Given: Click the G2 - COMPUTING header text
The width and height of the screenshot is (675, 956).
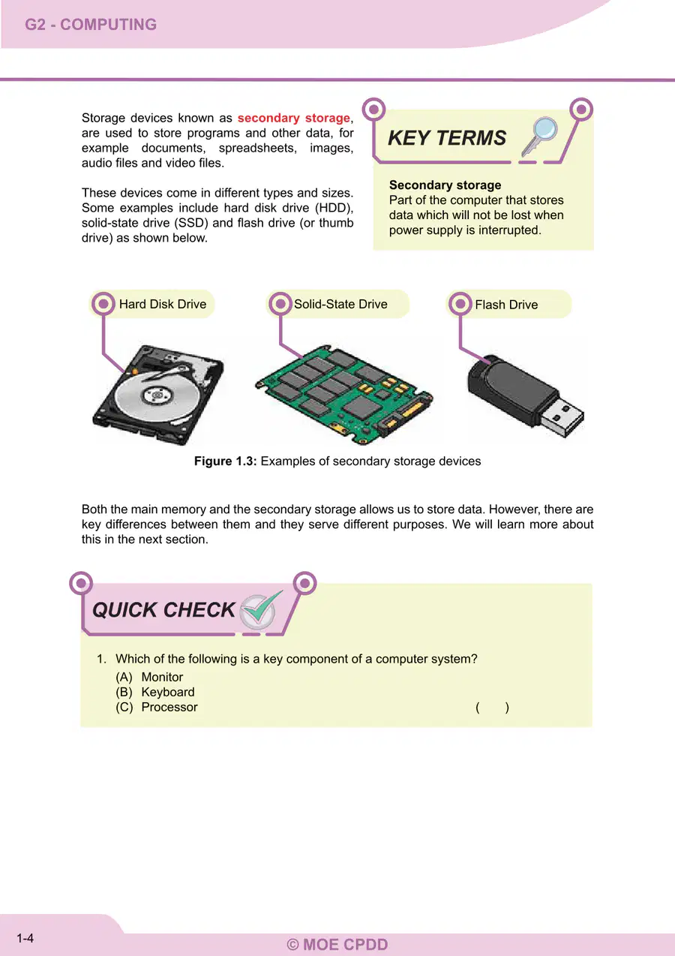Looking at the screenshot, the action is pos(91,24).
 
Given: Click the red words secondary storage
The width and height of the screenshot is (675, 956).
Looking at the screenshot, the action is pos(293,118).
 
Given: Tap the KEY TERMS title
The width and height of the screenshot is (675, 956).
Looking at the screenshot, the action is pos(447,138).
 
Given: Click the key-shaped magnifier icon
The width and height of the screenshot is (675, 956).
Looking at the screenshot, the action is pos(539,137).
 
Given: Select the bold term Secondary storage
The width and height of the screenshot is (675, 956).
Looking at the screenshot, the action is pos(445,185).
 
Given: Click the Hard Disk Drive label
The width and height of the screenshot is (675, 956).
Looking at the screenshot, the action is pos(163,304).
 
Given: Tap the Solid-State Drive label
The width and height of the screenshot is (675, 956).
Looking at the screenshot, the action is pos(340,304).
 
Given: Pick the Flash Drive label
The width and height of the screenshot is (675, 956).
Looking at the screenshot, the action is pos(506,305).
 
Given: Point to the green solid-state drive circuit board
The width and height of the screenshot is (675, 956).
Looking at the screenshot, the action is pos(344,394).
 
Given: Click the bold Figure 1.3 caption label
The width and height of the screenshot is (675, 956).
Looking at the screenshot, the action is pos(225,461).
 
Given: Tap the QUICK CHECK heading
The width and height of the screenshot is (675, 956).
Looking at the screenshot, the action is pos(163,610).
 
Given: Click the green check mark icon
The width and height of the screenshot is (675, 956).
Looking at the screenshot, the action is pos(261,610).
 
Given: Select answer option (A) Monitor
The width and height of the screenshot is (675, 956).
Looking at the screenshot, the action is pos(149,677).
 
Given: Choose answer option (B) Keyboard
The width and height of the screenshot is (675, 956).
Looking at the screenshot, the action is pos(155,692).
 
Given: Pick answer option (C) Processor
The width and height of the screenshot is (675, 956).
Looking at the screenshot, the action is pos(157,707).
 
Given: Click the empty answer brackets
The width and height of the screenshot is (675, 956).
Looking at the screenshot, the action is pos(493,707).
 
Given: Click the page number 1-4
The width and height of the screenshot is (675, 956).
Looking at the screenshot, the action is pos(25,938).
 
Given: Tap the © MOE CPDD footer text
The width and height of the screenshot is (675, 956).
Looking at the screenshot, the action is pos(337,945).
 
